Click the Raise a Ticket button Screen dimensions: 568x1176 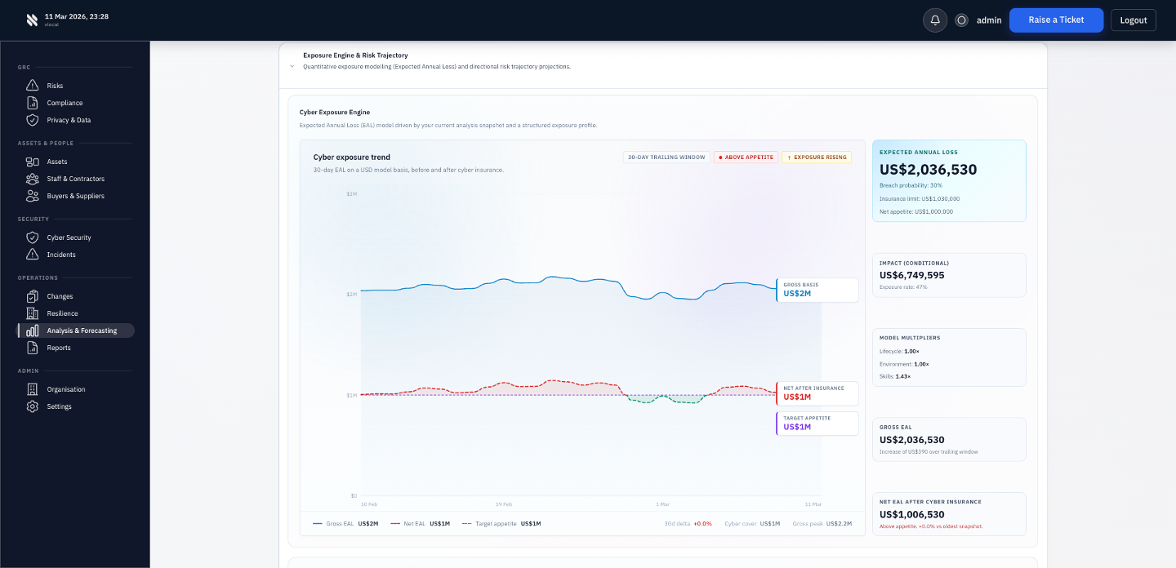coord(1056,20)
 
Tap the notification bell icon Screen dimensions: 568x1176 coord(935,20)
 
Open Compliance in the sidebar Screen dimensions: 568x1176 coord(65,103)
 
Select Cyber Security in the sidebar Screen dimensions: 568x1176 coord(69,237)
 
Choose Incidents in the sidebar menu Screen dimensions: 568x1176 coord(61,255)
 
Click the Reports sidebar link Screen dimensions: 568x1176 coord(59,348)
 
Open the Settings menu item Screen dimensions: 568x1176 coord(59,406)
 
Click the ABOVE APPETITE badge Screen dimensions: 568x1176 coord(745,158)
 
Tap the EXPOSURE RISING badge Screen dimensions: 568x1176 coord(817,158)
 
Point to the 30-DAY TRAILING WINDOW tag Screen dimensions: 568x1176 coord(666,158)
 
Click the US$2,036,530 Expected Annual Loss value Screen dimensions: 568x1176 coord(928,170)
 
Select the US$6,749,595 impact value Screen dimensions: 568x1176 coord(911,275)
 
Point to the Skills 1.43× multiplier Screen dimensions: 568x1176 coord(894,376)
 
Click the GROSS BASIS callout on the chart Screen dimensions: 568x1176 coord(817,290)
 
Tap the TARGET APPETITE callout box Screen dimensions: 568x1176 coord(817,423)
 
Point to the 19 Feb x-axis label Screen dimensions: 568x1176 coord(504,504)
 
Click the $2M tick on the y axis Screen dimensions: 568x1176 coord(351,294)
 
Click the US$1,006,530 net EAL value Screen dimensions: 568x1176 coord(911,515)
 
